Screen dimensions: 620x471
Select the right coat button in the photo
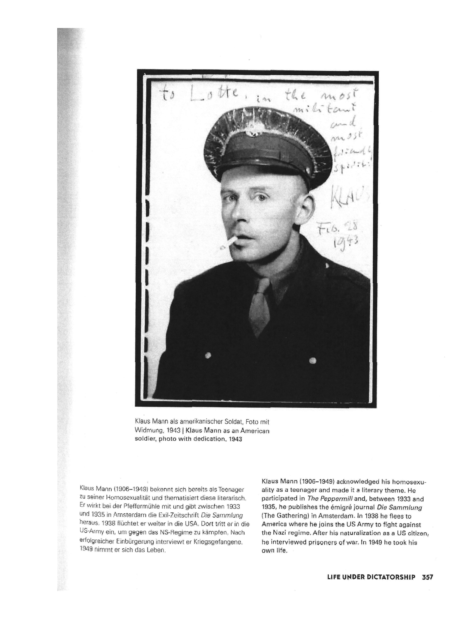[x=313, y=360]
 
